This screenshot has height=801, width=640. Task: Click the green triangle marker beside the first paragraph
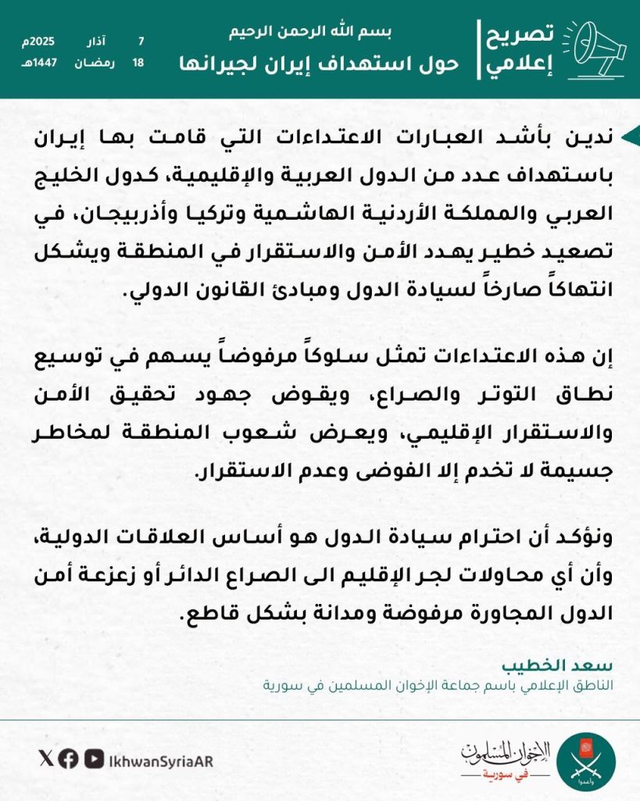coord(630,137)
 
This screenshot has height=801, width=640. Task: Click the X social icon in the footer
coord(45,758)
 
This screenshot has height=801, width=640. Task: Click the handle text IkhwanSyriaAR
coord(160,760)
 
